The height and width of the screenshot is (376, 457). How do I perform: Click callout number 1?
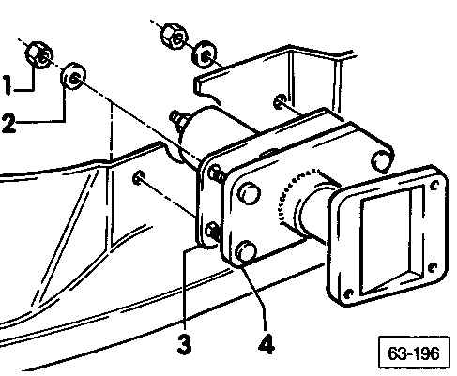click(8, 84)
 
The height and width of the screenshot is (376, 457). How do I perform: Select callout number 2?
click(8, 124)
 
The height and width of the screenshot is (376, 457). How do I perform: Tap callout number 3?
click(184, 344)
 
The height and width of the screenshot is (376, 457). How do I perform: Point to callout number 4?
click(267, 344)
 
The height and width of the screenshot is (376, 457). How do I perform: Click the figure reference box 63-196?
click(414, 353)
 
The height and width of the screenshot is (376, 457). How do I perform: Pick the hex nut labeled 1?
click(38, 55)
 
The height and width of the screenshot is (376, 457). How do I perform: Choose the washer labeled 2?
click(73, 76)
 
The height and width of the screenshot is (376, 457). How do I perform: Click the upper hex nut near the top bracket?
click(174, 36)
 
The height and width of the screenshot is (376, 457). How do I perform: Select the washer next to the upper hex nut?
click(205, 53)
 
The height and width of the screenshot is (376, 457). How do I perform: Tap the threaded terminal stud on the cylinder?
click(178, 119)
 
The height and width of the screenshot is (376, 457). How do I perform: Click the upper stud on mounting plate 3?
click(217, 173)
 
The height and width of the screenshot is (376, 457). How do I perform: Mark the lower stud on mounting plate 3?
click(214, 232)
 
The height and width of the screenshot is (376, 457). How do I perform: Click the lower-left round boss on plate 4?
click(246, 250)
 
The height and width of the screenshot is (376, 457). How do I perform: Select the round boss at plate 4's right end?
click(382, 160)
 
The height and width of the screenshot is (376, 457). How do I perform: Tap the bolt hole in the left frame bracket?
click(138, 177)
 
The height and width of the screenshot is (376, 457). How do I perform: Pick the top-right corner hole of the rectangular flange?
click(434, 186)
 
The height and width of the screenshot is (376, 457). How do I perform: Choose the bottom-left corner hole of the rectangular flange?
click(349, 293)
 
